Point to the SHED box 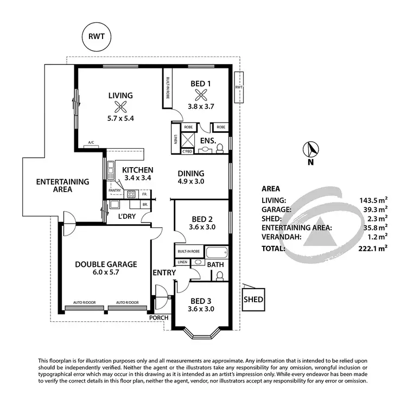253,300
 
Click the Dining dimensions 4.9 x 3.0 190,182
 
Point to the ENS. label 208,141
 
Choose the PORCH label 159,318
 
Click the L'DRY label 126,217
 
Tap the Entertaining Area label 55,186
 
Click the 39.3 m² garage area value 375,209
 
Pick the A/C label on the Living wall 91,143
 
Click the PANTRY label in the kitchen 115,190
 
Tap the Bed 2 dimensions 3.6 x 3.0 202,227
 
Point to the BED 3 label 201,301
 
